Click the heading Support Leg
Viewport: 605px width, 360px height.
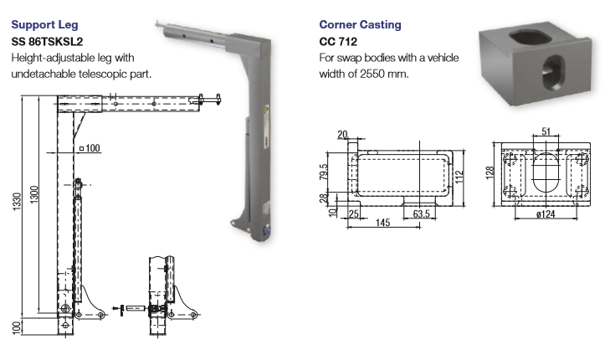coord(44,25)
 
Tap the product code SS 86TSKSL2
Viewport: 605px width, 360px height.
coord(47,41)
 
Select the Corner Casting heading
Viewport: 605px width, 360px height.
coord(360,24)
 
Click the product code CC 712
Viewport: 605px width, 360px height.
coord(338,41)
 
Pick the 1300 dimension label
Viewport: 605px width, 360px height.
coord(34,194)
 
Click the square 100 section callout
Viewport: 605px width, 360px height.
coord(90,148)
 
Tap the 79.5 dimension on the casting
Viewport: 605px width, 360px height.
coord(323,172)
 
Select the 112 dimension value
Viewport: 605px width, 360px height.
coord(459,177)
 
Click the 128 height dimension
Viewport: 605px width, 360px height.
coord(490,172)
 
